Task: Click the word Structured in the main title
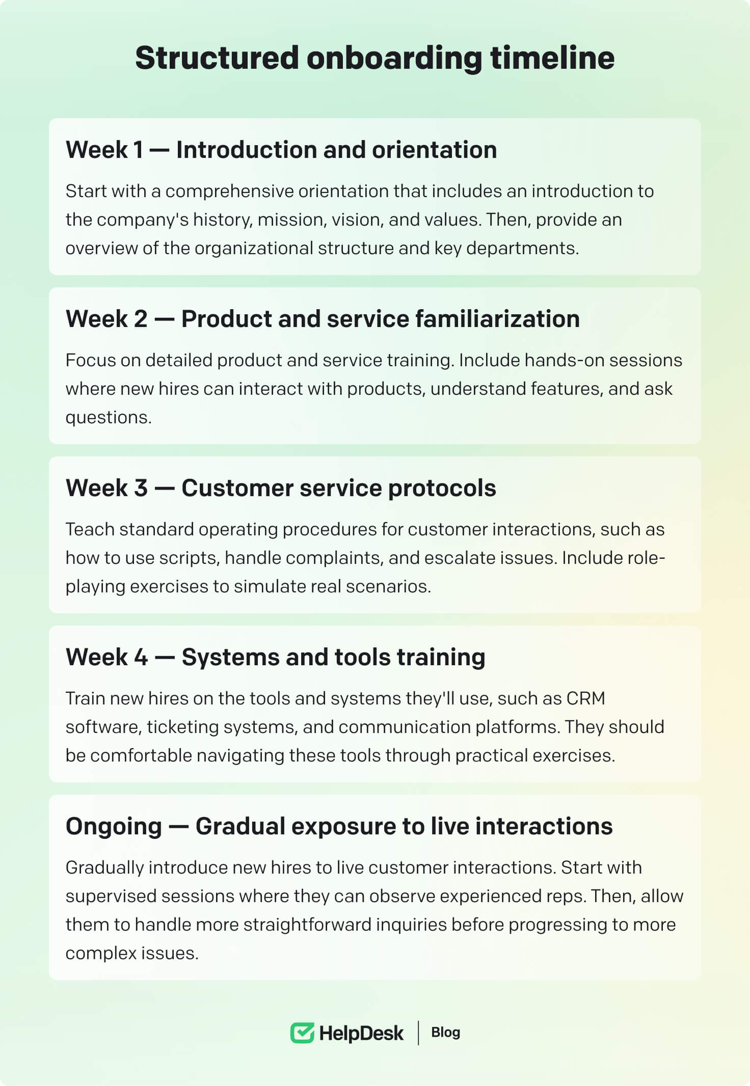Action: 217,58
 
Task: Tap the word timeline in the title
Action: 552,58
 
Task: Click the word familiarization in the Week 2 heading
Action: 497,319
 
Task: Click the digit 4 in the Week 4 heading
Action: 141,657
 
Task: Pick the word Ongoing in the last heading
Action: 114,827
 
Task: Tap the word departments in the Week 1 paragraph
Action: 522,249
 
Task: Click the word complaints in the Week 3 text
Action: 334,558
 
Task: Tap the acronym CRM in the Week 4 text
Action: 585,698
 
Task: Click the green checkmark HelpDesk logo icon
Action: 302,1033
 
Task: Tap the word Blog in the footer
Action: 446,1033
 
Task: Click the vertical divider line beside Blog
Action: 418,1033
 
